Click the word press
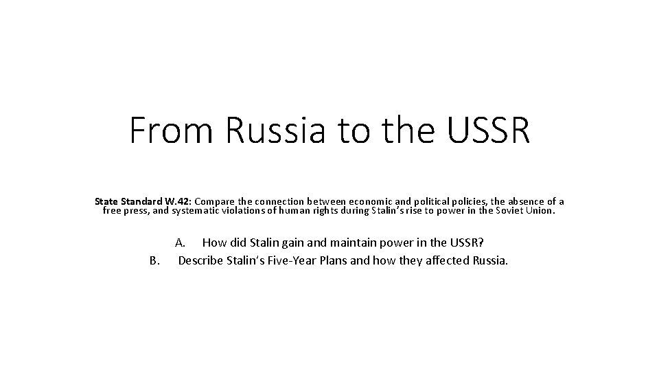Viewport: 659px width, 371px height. [x=135, y=211]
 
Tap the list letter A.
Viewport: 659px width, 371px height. [x=181, y=243]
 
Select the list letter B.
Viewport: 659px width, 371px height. [x=154, y=260]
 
